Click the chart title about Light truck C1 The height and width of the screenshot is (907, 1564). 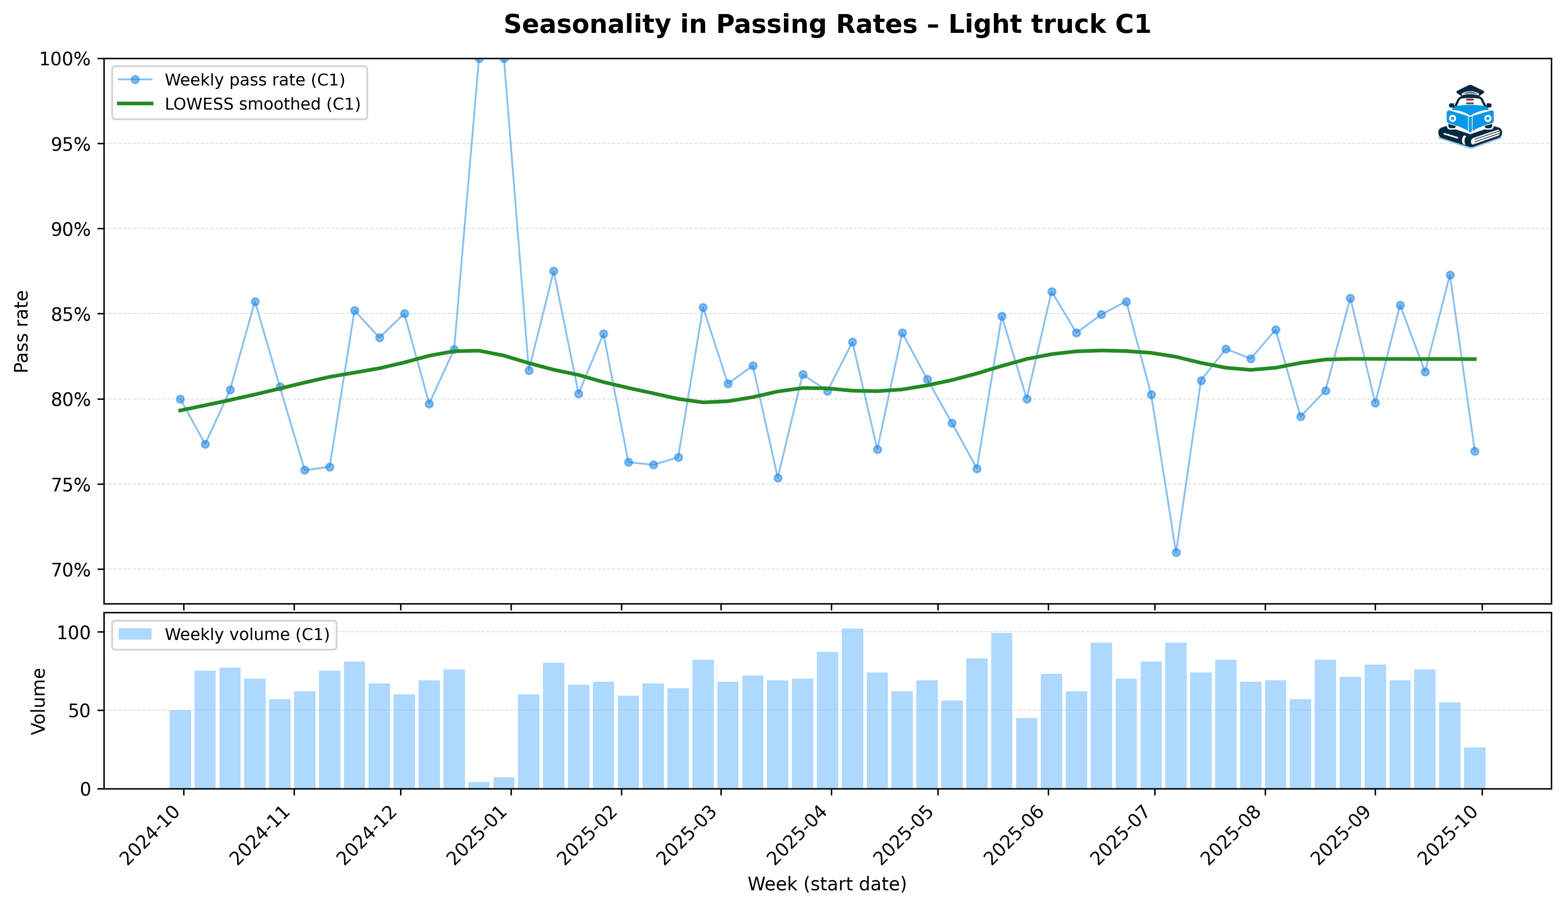(x=826, y=25)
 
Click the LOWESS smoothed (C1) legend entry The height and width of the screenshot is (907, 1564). (x=262, y=104)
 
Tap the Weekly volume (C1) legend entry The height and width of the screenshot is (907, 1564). (x=246, y=634)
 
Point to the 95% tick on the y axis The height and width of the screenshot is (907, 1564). (x=64, y=144)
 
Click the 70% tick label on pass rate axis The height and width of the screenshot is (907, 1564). (x=64, y=570)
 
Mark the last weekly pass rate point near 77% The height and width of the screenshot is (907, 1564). (x=1475, y=452)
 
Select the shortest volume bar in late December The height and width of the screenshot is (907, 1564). (x=479, y=785)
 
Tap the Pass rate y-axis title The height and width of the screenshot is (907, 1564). (x=22, y=331)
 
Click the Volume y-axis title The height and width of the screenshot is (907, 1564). (x=39, y=701)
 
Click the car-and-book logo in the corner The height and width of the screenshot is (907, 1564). (x=1470, y=116)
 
